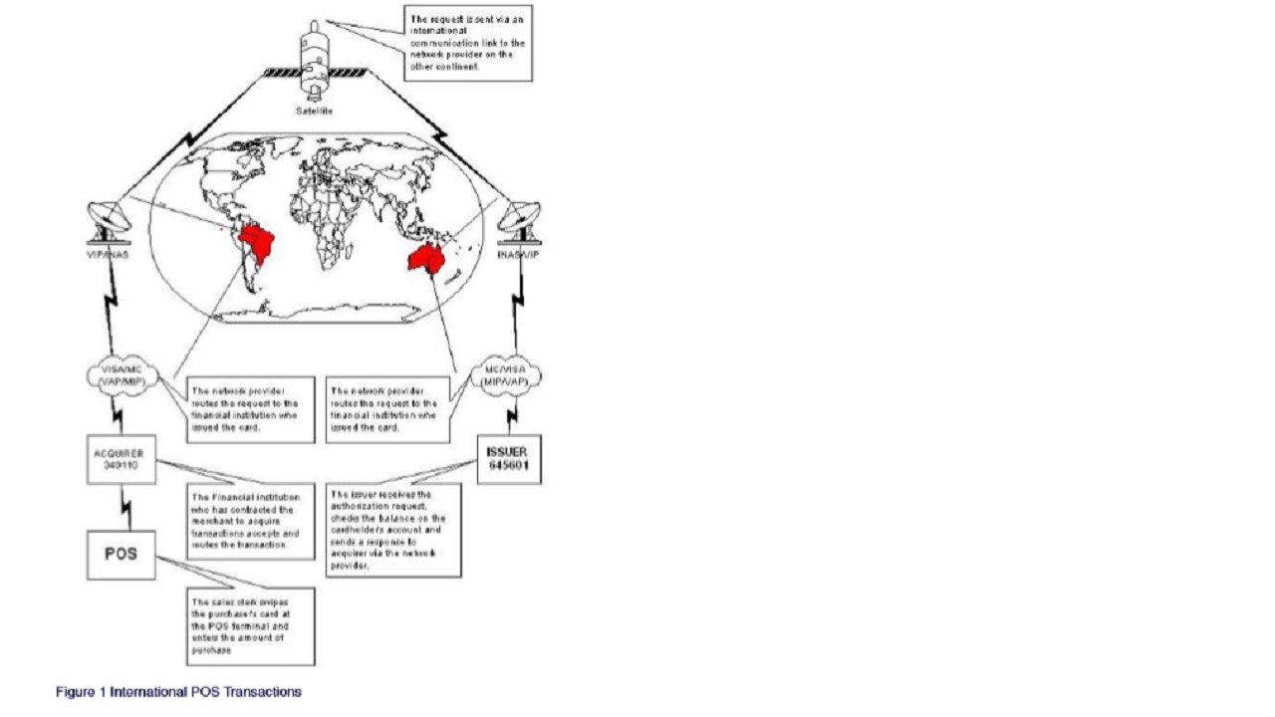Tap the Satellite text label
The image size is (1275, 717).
(314, 112)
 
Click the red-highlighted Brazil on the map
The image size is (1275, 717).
(258, 245)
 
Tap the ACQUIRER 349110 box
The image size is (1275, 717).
(120, 462)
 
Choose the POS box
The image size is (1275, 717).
(120, 554)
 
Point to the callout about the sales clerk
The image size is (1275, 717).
(250, 626)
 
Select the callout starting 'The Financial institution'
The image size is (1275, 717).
(250, 520)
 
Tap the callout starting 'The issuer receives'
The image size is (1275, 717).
(393, 529)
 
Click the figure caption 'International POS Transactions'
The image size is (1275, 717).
(178, 691)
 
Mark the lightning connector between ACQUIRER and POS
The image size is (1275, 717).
(125, 509)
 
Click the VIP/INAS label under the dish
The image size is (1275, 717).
(107, 256)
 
